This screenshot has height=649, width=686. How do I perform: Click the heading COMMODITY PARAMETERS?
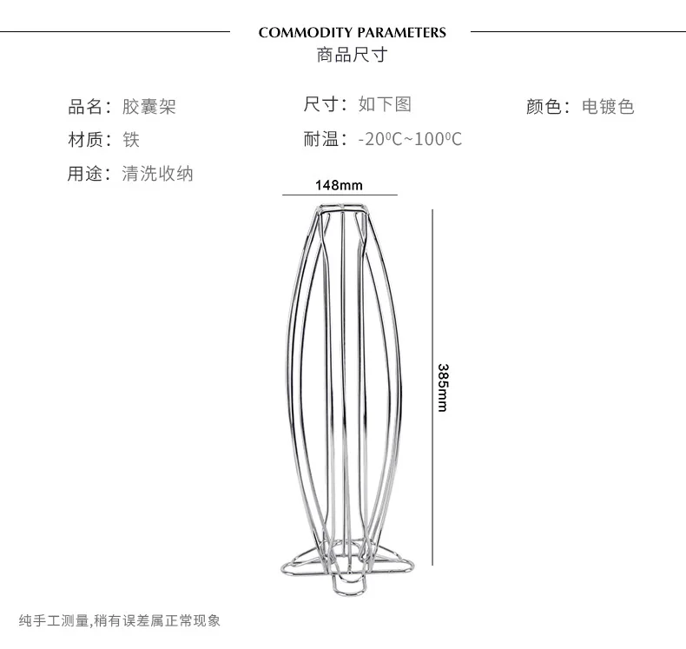click(x=352, y=33)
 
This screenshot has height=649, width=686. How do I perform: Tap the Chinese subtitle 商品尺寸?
click(x=352, y=56)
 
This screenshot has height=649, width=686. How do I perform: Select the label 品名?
click(x=85, y=108)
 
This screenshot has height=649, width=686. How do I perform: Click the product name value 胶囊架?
click(x=149, y=108)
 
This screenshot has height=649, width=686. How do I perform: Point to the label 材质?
click(x=85, y=139)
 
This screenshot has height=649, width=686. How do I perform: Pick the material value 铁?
click(x=131, y=139)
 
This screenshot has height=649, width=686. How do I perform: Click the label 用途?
click(x=85, y=173)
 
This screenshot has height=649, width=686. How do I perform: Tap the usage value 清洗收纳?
click(x=158, y=173)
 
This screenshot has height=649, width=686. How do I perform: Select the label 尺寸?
click(x=320, y=104)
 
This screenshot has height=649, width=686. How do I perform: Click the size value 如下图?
click(x=385, y=104)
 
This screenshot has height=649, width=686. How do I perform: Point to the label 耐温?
click(x=320, y=138)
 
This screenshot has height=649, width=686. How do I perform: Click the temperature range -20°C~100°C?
click(x=410, y=139)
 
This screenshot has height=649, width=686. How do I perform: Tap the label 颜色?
click(x=543, y=107)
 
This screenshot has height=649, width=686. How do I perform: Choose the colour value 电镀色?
click(x=608, y=107)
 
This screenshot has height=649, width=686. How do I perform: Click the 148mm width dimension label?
click(x=339, y=185)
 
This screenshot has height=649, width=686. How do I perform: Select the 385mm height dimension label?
click(x=443, y=387)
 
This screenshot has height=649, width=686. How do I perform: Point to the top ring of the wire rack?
click(x=340, y=209)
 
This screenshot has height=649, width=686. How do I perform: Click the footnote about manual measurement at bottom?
click(x=120, y=620)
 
